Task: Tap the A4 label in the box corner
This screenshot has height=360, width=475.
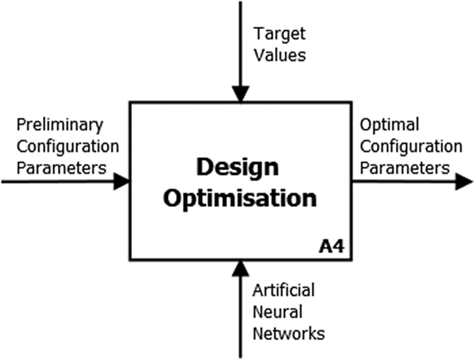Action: tap(332, 247)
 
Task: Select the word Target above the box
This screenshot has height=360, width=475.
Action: tap(279, 34)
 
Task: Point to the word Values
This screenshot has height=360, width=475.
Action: tap(280, 56)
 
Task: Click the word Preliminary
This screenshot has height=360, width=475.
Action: tap(60, 126)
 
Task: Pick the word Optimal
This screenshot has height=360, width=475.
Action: tap(389, 126)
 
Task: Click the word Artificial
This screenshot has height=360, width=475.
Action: tap(284, 290)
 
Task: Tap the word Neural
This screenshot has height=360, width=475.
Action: tap(277, 312)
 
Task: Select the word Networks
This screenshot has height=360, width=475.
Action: tap(289, 334)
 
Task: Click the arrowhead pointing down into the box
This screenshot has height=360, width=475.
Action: tap(241, 94)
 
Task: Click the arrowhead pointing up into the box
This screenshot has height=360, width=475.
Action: tap(241, 268)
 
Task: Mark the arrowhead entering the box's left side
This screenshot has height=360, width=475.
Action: tap(122, 182)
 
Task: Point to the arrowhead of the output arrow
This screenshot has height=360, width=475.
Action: tap(464, 182)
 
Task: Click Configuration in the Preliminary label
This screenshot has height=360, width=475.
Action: tap(68, 147)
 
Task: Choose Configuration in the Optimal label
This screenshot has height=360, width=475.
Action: tap(411, 147)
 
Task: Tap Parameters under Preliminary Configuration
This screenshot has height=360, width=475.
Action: tap(62, 168)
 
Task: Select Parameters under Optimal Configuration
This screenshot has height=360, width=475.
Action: tap(404, 168)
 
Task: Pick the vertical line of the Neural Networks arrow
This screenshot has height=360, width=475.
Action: tap(241, 317)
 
